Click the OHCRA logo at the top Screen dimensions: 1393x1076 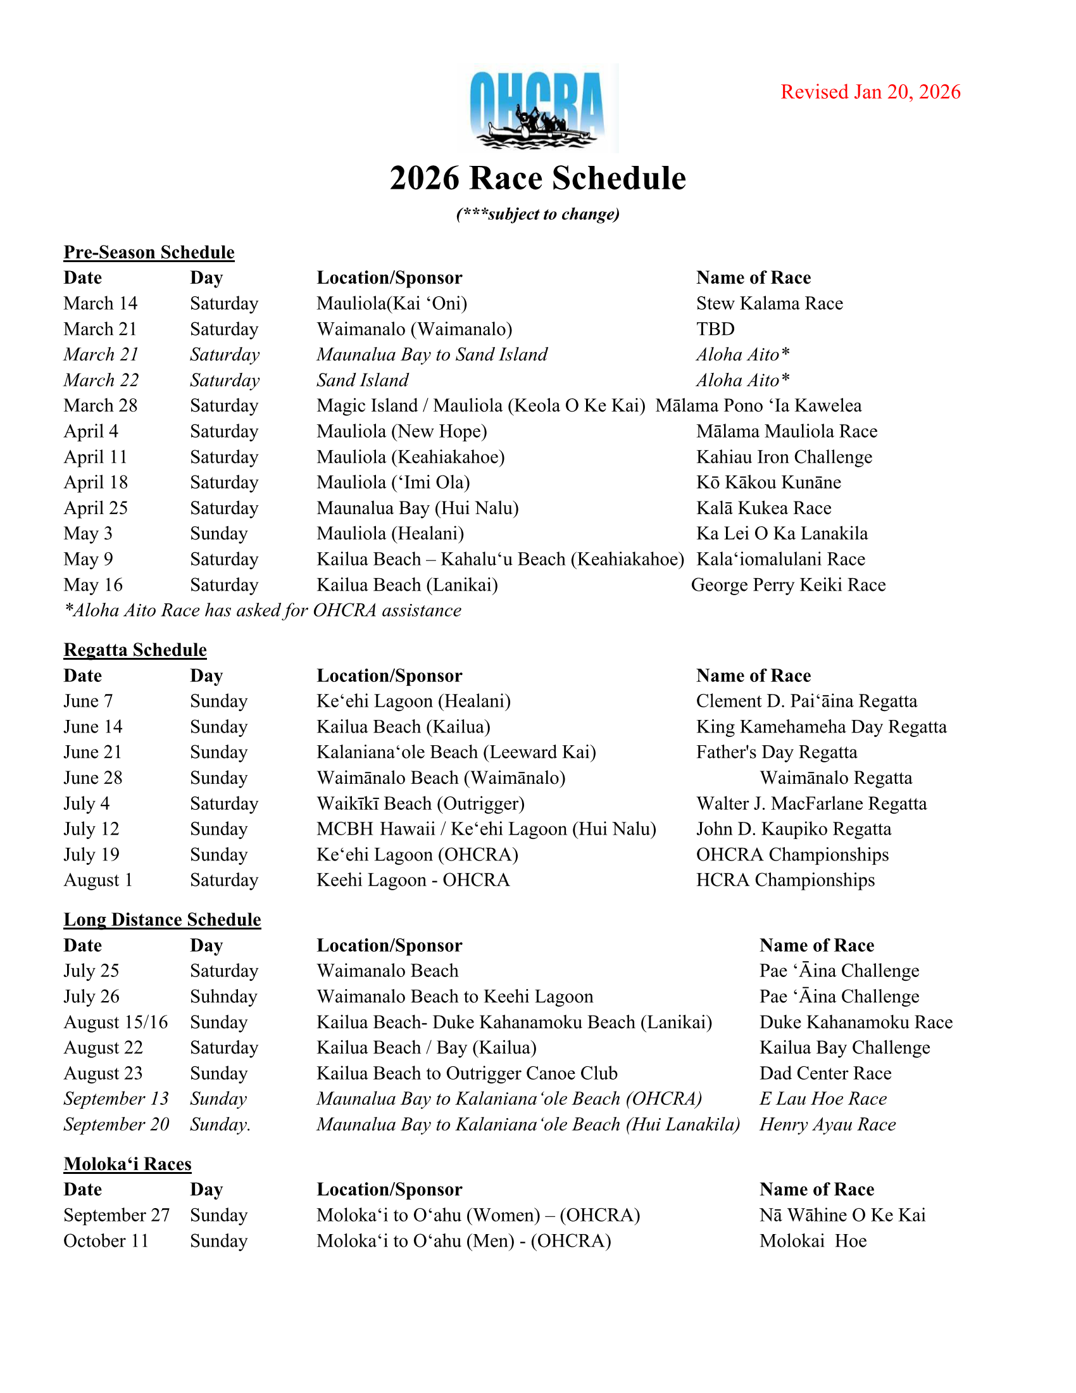537,108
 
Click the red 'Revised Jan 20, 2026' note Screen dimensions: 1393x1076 870,92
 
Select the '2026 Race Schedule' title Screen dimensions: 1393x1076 537,178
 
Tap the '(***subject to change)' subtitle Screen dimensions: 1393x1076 537,213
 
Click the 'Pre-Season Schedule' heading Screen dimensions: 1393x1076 149,252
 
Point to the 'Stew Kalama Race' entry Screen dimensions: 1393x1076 769,303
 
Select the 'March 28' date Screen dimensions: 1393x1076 100,406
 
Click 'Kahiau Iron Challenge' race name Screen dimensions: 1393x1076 784,457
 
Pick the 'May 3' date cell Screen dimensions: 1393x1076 87,533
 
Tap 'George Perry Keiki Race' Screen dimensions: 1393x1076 788,585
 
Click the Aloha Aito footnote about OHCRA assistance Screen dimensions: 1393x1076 262,610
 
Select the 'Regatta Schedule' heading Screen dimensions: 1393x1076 135,649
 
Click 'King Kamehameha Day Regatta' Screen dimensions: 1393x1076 821,726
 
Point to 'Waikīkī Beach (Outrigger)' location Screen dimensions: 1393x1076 420,803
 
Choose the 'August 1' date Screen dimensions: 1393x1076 97,880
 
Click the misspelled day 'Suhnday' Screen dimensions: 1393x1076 223,996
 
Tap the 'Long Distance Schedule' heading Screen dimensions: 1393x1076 162,919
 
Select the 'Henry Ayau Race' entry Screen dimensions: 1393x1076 827,1124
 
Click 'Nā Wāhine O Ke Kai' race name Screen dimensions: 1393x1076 842,1215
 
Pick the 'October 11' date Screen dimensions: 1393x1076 106,1240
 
